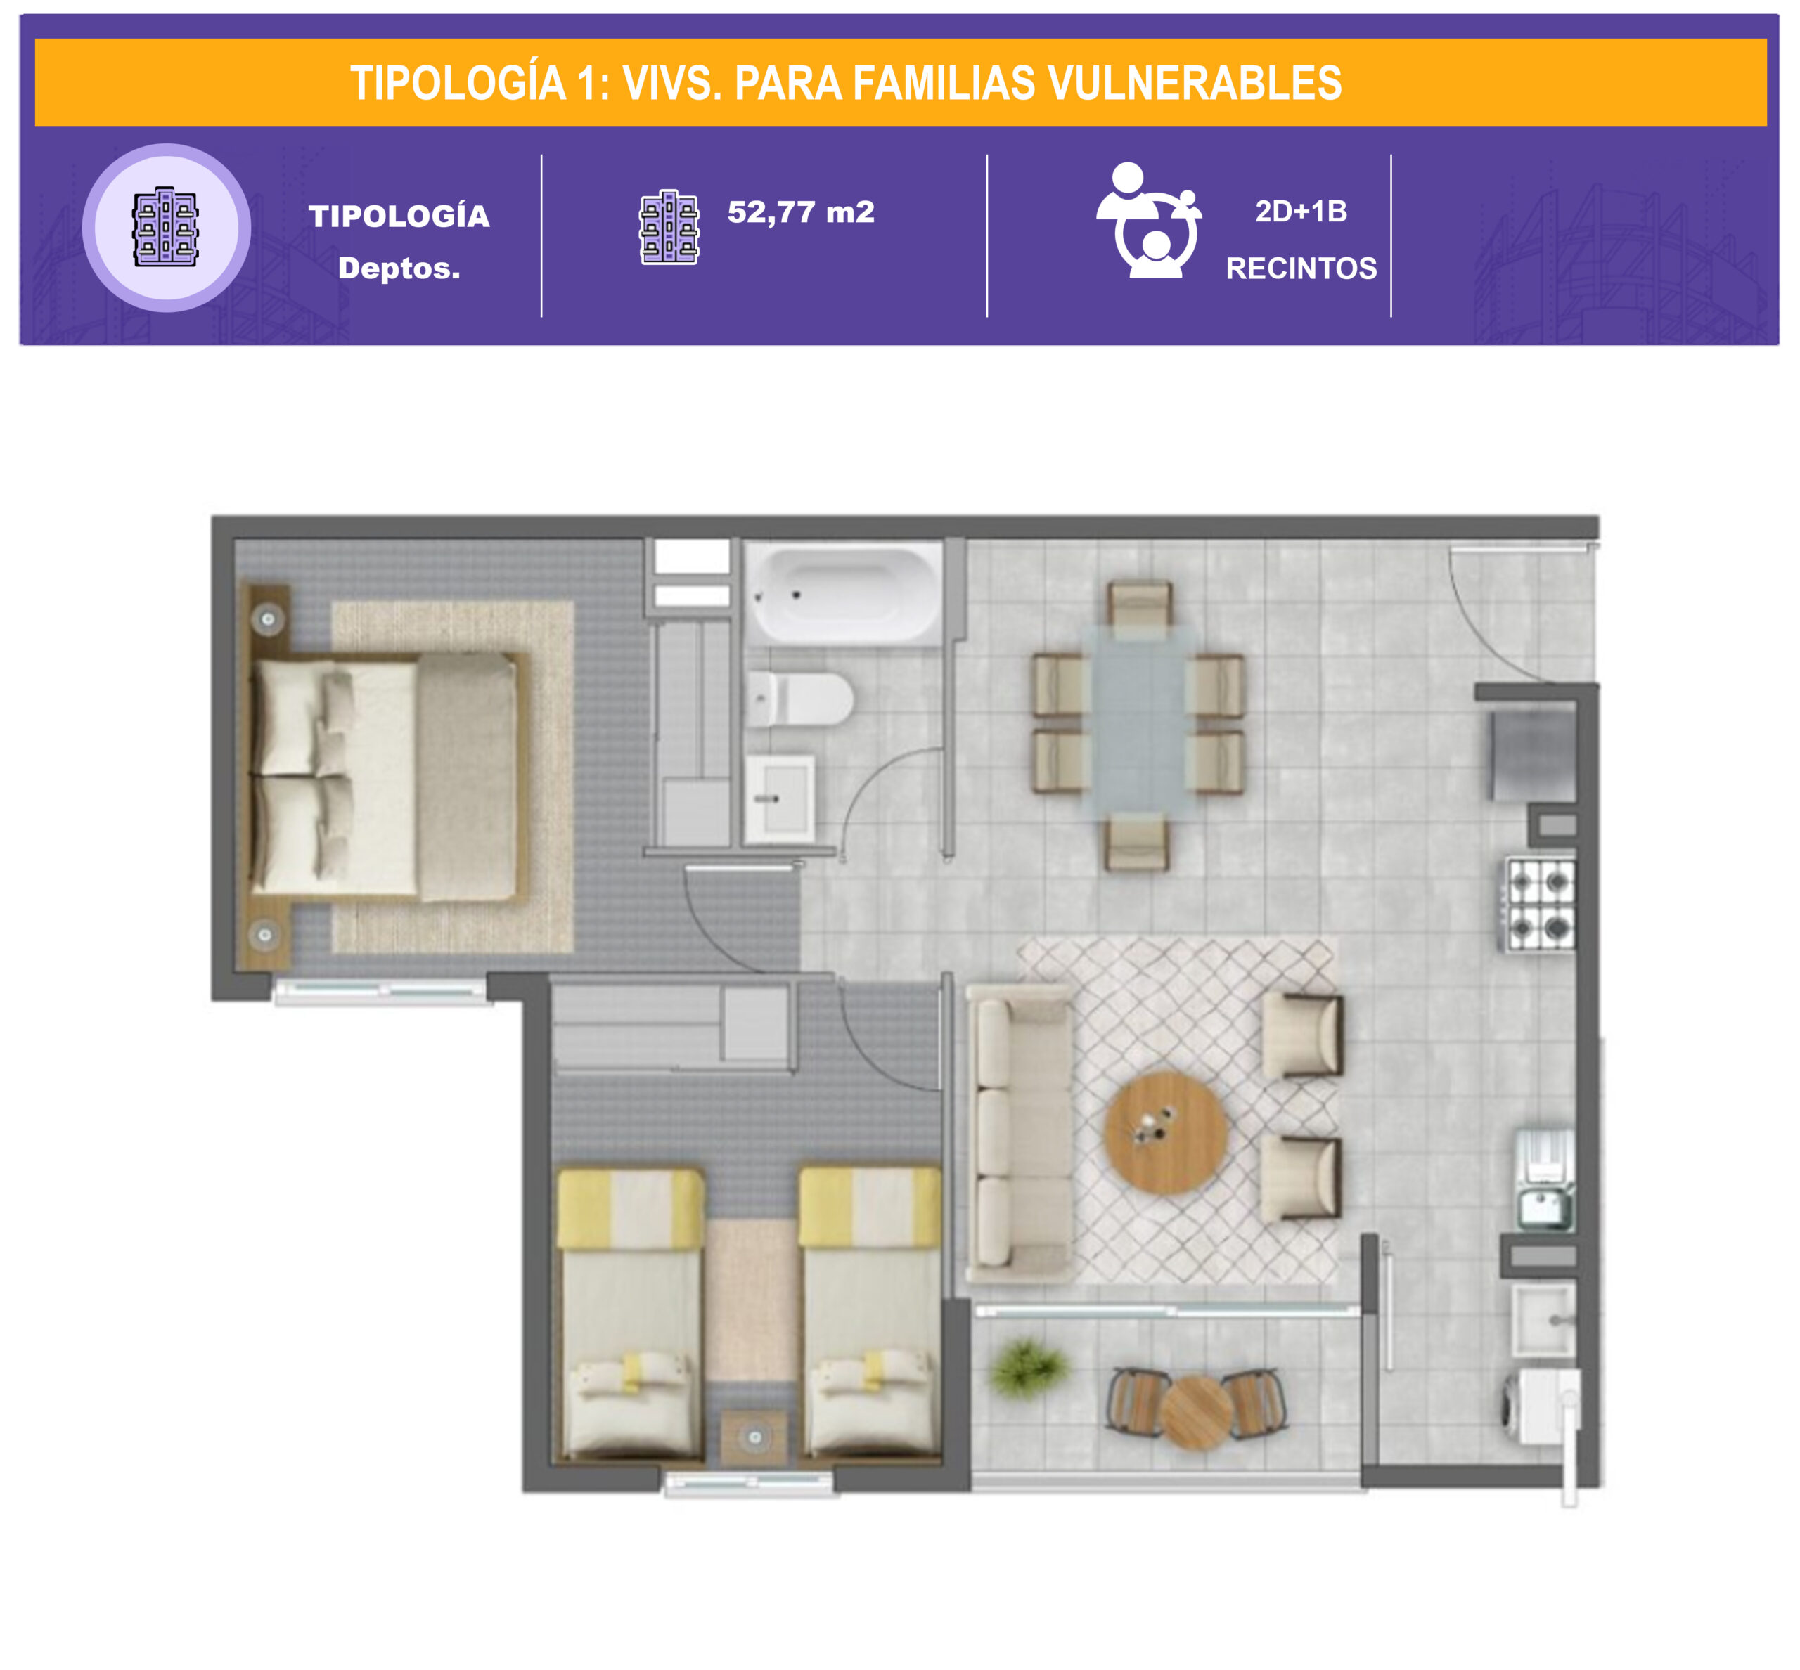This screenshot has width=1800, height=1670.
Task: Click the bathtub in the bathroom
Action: tap(842, 593)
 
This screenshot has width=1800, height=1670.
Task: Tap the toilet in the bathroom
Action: tap(800, 699)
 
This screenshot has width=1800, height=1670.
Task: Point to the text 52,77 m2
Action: tap(800, 212)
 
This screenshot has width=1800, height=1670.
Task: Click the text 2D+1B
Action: tap(1301, 212)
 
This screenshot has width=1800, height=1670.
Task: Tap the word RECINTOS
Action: tap(1301, 268)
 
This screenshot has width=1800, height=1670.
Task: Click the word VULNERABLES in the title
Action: tap(1195, 83)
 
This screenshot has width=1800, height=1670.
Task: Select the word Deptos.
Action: tap(399, 268)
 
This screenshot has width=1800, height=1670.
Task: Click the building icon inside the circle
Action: tap(165, 227)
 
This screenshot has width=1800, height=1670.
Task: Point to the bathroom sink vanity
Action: tap(780, 800)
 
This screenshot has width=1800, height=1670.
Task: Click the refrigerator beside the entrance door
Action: tap(1534, 756)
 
